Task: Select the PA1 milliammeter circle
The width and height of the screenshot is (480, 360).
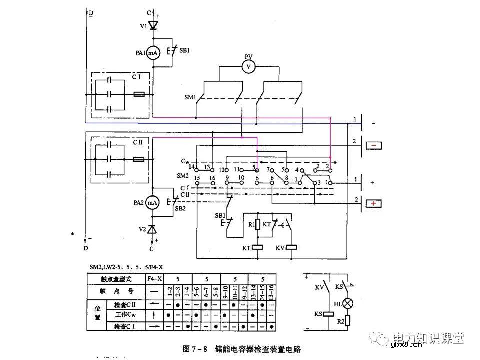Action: (153, 54)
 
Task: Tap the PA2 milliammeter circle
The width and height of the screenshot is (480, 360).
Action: (153, 202)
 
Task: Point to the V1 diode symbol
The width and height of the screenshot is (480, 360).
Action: (153, 23)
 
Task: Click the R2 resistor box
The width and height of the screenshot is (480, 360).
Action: (347, 321)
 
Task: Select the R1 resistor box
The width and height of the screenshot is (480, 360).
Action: (258, 224)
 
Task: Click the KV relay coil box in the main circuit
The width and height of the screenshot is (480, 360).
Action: (292, 247)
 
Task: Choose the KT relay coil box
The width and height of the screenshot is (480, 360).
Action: (258, 247)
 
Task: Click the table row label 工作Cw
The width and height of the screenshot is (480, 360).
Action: (123, 315)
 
